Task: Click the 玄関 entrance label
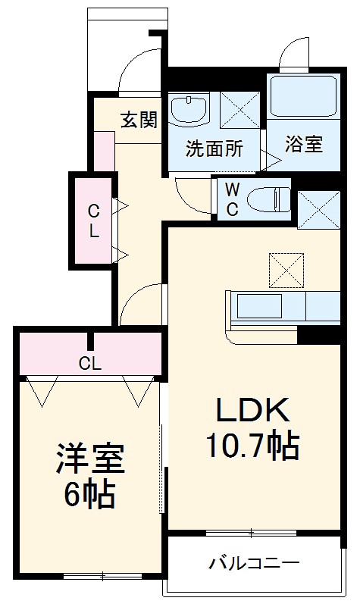click(x=139, y=120)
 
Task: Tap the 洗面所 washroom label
click(x=214, y=149)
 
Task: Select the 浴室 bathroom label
click(x=303, y=144)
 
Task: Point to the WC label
click(x=231, y=199)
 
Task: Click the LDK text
click(x=252, y=411)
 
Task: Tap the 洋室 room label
click(x=89, y=460)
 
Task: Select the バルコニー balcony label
click(x=255, y=563)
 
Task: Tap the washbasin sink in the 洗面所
click(x=189, y=110)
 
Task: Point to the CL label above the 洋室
click(x=89, y=364)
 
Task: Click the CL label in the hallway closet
click(x=92, y=221)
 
